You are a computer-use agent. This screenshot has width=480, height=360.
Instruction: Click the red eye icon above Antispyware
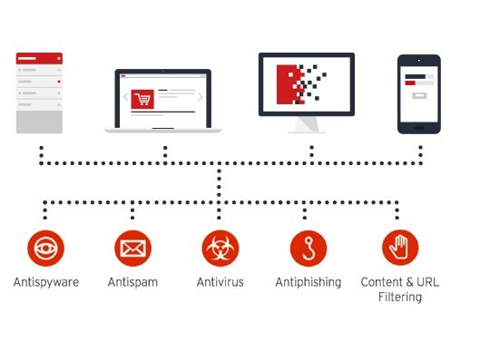click(x=45, y=248)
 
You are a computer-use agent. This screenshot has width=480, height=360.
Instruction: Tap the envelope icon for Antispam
click(x=132, y=248)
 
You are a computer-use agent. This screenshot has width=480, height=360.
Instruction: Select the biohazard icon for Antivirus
click(x=220, y=248)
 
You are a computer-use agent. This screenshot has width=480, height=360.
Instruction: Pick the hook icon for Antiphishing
click(x=309, y=248)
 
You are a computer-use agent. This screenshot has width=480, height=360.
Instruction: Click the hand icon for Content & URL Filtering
click(x=400, y=248)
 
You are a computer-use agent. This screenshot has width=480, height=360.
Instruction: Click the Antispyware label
click(x=46, y=282)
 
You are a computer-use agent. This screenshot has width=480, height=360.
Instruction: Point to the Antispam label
click(x=132, y=282)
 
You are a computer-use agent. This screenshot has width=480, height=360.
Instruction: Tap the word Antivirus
click(x=220, y=282)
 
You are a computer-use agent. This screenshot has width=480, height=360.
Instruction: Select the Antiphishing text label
click(x=309, y=282)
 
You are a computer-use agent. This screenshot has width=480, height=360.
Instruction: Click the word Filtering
click(x=400, y=297)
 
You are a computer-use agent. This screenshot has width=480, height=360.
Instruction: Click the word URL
click(x=428, y=282)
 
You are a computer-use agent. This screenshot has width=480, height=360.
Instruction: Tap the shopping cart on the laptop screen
click(x=142, y=99)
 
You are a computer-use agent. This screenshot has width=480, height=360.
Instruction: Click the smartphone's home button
click(x=419, y=128)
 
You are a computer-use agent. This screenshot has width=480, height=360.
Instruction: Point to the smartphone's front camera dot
click(x=419, y=61)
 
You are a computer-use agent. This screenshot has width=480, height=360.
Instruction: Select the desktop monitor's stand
click(x=307, y=125)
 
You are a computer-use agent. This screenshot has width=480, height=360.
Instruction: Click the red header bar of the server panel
click(x=39, y=58)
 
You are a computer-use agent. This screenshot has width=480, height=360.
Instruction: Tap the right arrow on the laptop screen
click(x=201, y=97)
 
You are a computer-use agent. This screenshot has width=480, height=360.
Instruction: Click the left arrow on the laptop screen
click(x=125, y=97)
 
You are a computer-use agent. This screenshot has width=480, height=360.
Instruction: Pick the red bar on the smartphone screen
click(x=410, y=83)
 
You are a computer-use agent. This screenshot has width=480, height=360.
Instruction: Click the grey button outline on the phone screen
click(x=419, y=96)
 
